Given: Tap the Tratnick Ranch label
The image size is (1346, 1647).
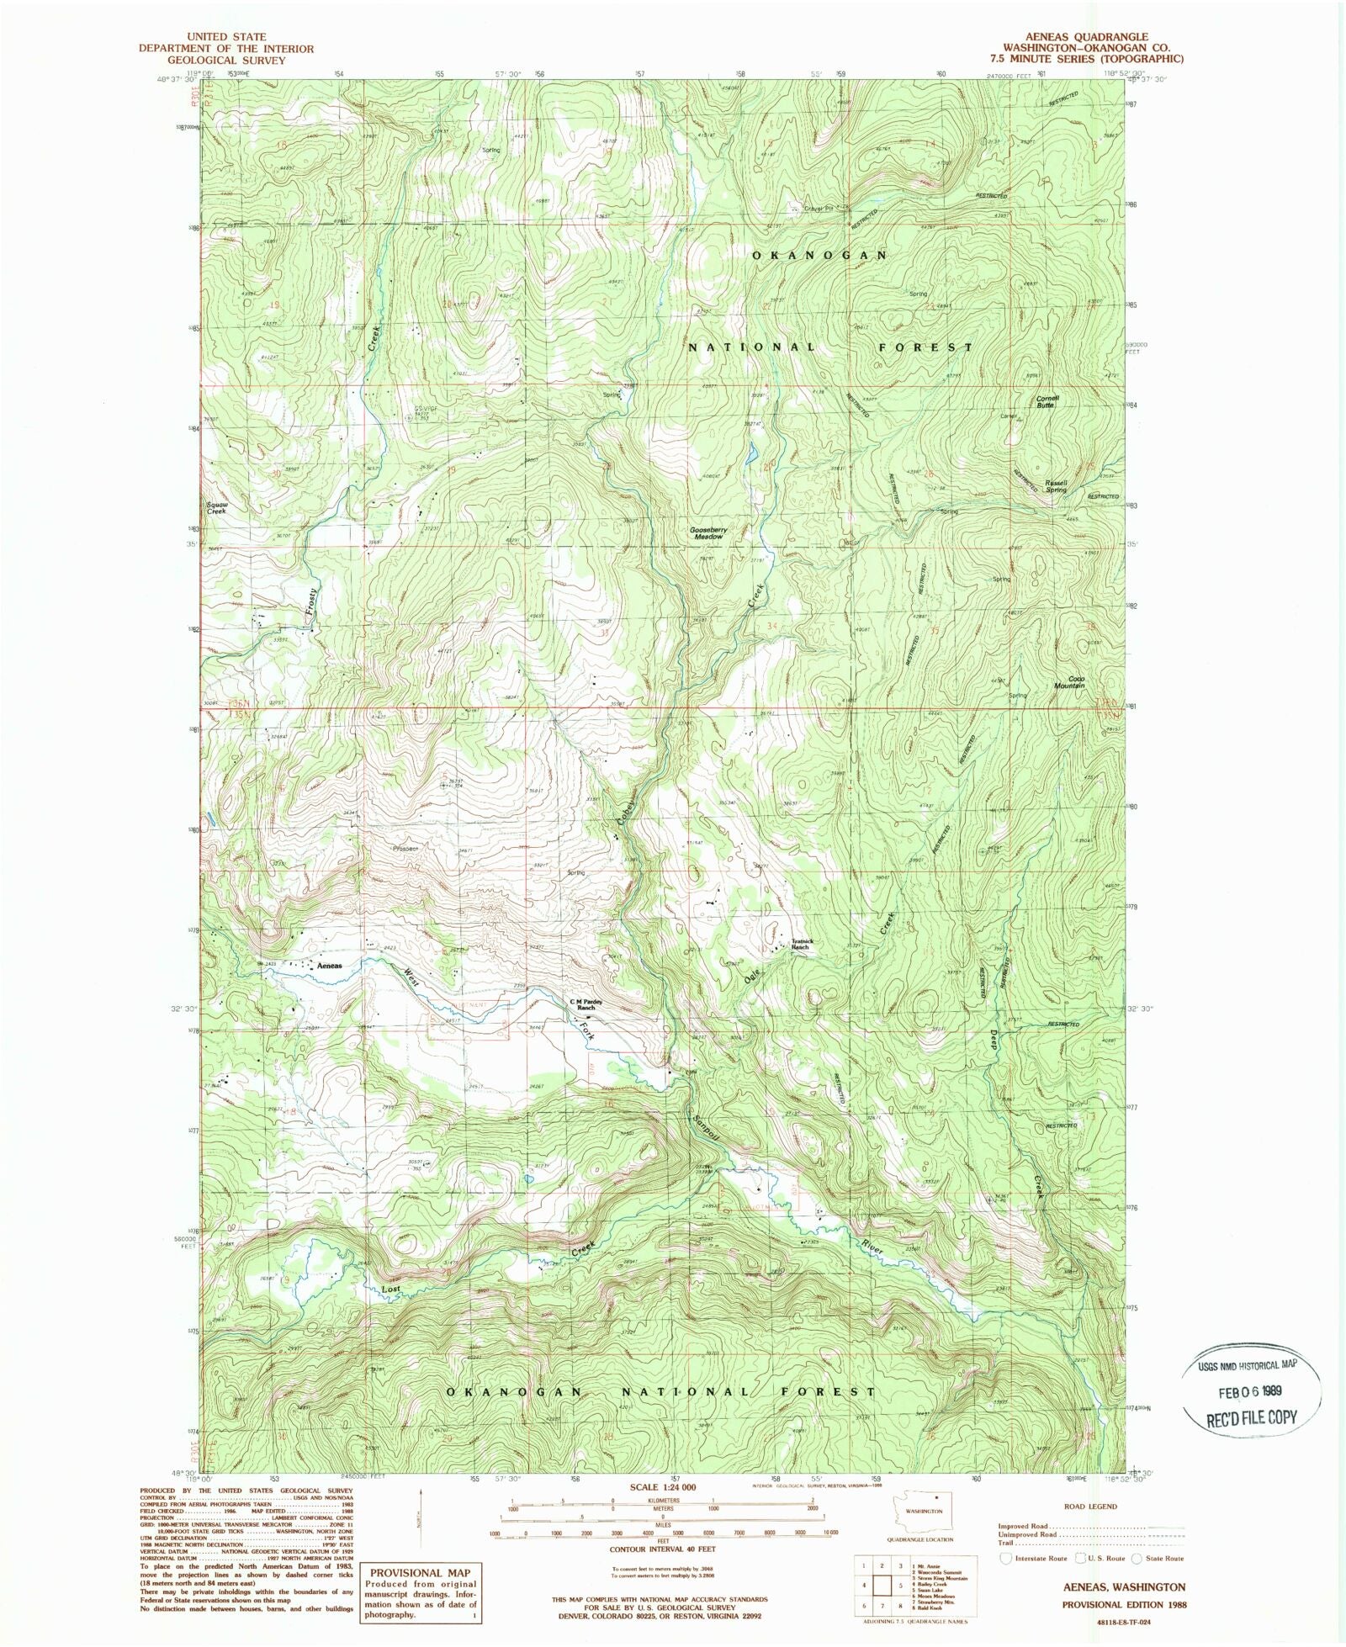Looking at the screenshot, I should (798, 944).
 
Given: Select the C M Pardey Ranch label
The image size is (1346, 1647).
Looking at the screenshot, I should (586, 1004).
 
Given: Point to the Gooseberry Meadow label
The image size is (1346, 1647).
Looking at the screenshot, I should (707, 533).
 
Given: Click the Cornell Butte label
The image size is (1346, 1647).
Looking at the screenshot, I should (1047, 401).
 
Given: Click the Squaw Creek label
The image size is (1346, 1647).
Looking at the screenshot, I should (217, 508).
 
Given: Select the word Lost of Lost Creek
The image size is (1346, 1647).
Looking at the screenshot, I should (390, 1289).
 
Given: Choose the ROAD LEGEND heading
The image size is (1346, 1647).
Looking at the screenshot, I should (1091, 1507).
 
